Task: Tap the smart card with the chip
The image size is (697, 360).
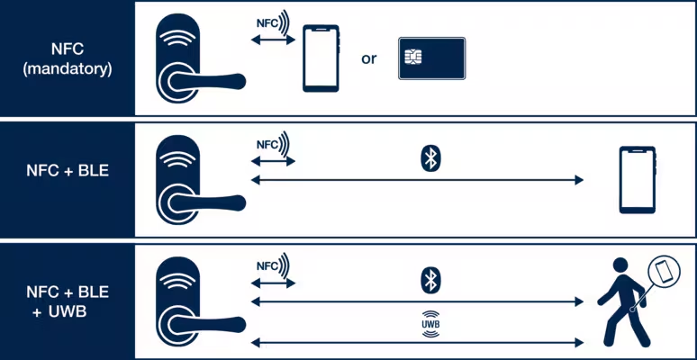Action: pyautogui.click(x=431, y=59)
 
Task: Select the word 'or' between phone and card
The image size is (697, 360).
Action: pyautogui.click(x=369, y=59)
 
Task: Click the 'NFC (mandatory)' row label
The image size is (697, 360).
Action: pyautogui.click(x=68, y=58)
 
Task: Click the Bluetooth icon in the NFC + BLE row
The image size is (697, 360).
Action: pyautogui.click(x=430, y=159)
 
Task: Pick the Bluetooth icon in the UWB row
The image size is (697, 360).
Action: pyautogui.click(x=430, y=279)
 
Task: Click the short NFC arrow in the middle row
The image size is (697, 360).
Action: pyautogui.click(x=273, y=161)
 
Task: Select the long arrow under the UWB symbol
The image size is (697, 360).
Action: pyautogui.click(x=417, y=342)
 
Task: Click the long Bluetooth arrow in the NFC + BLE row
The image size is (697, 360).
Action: pyautogui.click(x=417, y=181)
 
